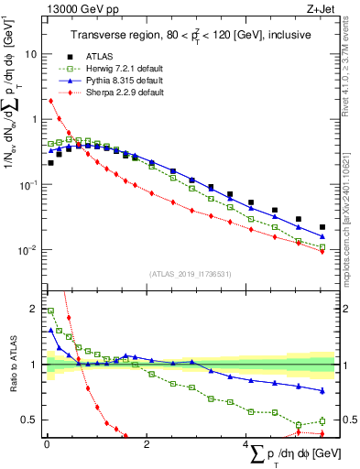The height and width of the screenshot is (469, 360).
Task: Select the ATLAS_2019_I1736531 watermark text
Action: click(x=189, y=274)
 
